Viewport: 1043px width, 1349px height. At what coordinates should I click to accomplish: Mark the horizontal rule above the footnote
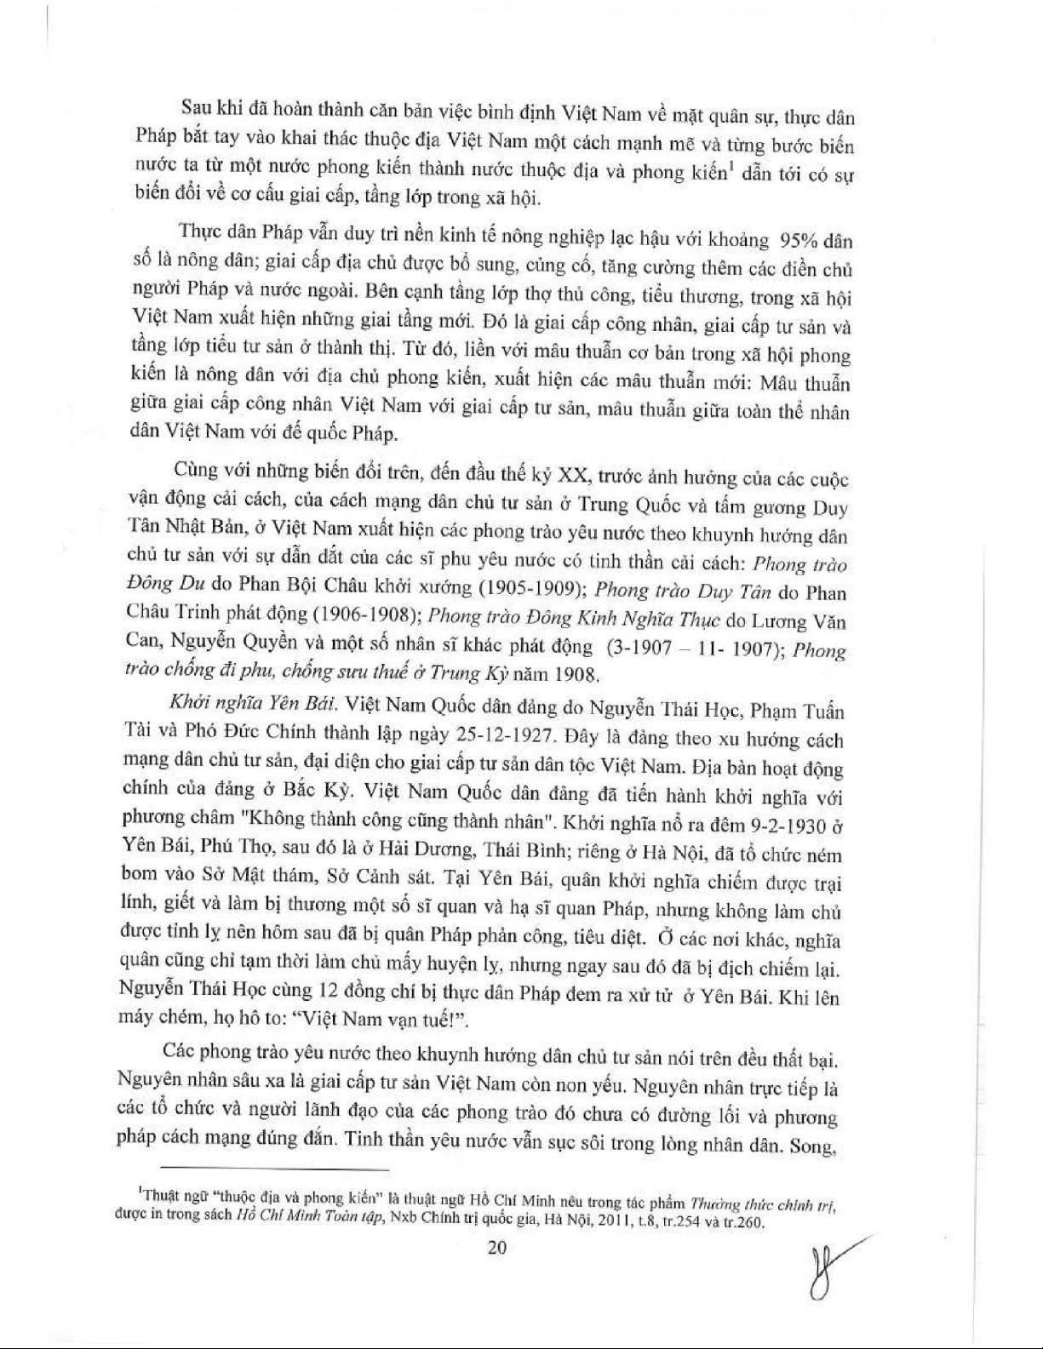coord(274,1170)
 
